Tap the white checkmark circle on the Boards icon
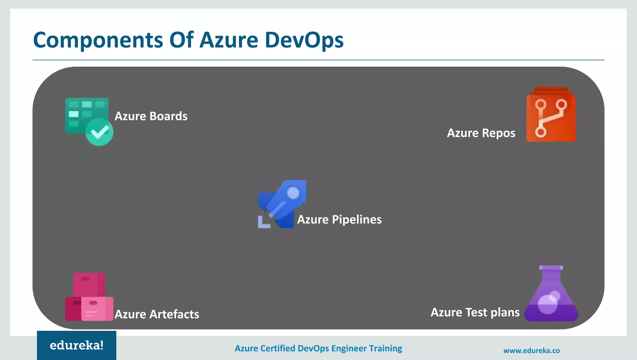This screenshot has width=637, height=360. pyautogui.click(x=99, y=132)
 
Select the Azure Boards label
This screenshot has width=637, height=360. pyautogui.click(x=151, y=116)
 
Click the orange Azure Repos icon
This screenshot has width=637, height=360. pyautogui.click(x=551, y=115)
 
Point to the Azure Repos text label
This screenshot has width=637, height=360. pyautogui.click(x=481, y=133)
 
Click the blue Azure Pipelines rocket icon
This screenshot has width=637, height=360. pyautogui.click(x=282, y=204)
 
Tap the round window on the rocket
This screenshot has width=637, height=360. pyautogui.click(x=293, y=193)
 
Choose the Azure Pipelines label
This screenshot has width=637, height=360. pyautogui.click(x=339, y=220)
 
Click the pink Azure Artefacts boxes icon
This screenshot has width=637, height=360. pyautogui.click(x=89, y=297)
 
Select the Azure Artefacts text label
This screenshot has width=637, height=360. pyautogui.click(x=157, y=314)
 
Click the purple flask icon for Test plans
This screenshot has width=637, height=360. pyautogui.click(x=551, y=294)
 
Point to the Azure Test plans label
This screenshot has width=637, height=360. pyautogui.click(x=475, y=312)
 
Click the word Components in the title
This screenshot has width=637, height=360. pyautogui.click(x=98, y=40)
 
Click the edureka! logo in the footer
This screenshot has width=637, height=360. pyautogui.click(x=77, y=345)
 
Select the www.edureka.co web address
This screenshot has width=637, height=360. pyautogui.click(x=531, y=351)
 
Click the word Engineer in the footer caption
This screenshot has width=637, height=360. pyautogui.click(x=349, y=348)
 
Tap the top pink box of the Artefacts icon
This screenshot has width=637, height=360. pyautogui.click(x=89, y=284)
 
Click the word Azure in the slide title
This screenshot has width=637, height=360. pyautogui.click(x=229, y=40)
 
